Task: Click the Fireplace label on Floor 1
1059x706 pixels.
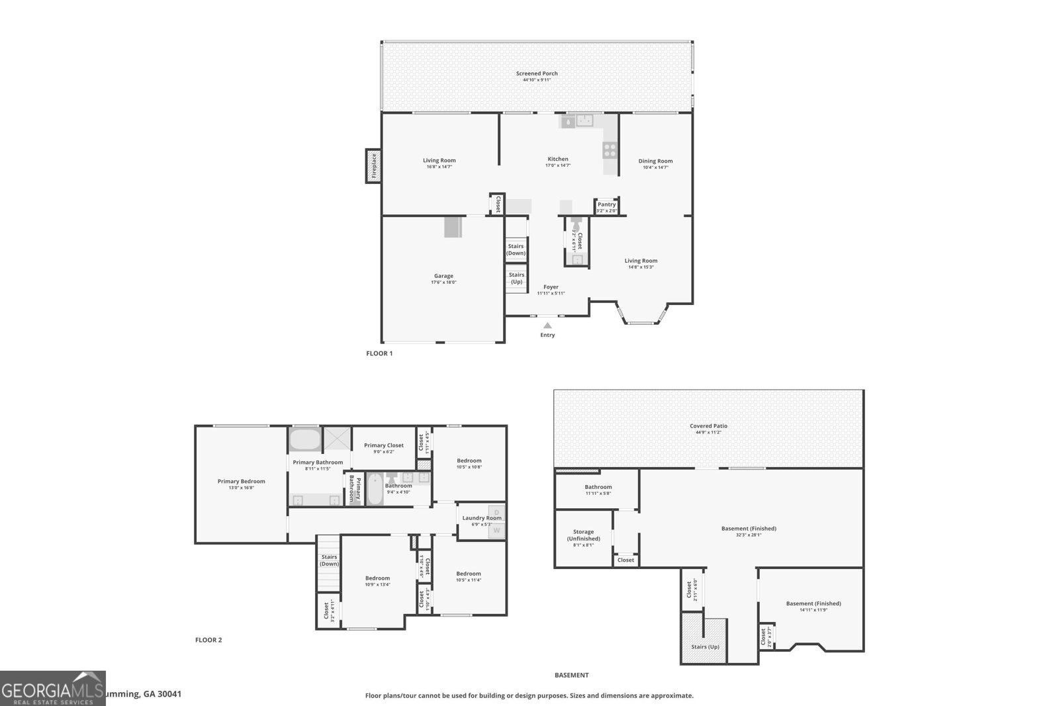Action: tap(373, 165)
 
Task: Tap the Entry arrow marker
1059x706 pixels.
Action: tap(547, 325)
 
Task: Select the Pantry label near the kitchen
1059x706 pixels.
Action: tap(606, 205)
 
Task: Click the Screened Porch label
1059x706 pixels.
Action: tap(537, 74)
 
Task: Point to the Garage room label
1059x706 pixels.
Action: tap(443, 277)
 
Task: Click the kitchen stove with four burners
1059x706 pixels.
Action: tap(610, 150)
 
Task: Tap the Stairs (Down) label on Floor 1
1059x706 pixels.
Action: tap(516, 249)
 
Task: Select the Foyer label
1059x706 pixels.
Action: tap(551, 287)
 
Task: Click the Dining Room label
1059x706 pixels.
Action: tap(655, 161)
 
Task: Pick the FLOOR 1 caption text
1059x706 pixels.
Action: tap(379, 353)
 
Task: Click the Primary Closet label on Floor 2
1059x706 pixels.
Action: tap(384, 446)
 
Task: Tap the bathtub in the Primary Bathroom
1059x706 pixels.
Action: tap(304, 439)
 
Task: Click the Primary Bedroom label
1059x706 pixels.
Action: tap(241, 482)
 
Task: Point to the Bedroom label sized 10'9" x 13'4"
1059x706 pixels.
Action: tap(377, 578)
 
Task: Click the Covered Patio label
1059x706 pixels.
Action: tap(709, 427)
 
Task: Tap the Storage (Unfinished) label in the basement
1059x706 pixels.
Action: tap(583, 535)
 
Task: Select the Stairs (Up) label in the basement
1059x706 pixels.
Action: tap(705, 646)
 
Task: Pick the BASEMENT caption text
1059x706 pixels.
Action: tap(571, 676)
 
